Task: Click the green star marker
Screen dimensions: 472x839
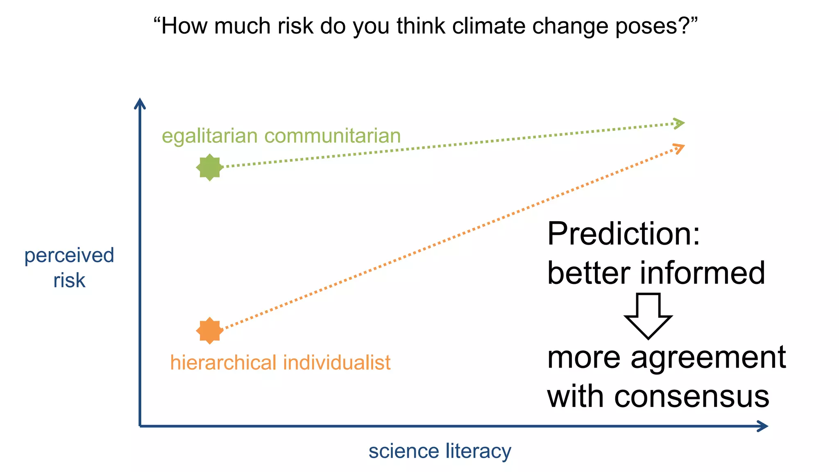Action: click(209, 167)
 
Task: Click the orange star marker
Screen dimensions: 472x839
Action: click(209, 330)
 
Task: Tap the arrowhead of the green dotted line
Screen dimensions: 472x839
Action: click(680, 123)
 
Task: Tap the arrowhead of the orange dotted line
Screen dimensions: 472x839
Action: click(680, 148)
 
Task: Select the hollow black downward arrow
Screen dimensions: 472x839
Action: click(648, 316)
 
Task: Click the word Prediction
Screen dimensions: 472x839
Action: click(624, 234)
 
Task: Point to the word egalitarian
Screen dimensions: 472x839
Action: click(209, 136)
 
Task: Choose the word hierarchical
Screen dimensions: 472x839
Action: click(223, 363)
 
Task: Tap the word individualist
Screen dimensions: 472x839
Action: click(337, 363)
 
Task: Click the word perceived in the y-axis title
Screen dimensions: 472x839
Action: click(69, 256)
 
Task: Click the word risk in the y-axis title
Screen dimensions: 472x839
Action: click(69, 281)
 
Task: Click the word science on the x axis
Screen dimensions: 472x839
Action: click(404, 452)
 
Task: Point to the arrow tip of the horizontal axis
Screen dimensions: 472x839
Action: click(766, 426)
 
